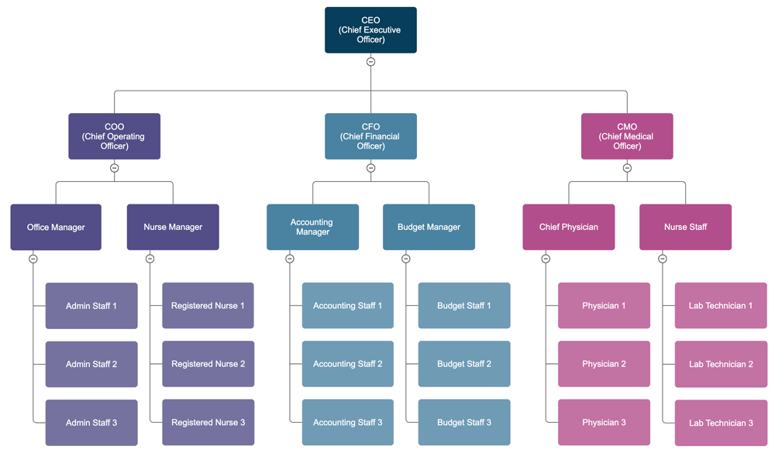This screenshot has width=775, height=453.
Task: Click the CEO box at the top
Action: click(x=370, y=30)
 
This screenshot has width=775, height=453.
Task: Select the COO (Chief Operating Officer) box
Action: click(x=114, y=136)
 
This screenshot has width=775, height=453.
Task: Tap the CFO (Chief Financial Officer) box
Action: click(x=370, y=136)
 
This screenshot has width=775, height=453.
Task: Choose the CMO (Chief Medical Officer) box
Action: click(x=627, y=136)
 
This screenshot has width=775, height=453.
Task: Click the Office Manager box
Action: click(x=56, y=227)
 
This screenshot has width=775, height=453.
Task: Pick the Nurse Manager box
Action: click(x=173, y=227)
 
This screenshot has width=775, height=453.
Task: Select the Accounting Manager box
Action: click(x=312, y=227)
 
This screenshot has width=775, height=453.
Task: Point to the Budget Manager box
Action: click(x=429, y=227)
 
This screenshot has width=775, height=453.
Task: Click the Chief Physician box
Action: click(x=569, y=227)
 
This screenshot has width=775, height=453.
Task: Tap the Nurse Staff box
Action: click(x=685, y=227)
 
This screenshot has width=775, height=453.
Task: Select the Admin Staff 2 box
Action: click(x=91, y=364)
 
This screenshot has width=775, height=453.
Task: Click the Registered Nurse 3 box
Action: click(x=208, y=422)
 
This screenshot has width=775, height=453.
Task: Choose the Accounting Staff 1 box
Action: click(x=347, y=306)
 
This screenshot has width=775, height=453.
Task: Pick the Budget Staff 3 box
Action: click(x=464, y=422)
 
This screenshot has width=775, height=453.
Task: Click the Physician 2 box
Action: click(x=604, y=364)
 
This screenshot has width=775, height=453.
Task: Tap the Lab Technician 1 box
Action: click(x=721, y=306)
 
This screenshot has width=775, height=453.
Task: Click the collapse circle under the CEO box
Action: click(x=370, y=62)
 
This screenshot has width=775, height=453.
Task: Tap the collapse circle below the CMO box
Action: click(x=627, y=168)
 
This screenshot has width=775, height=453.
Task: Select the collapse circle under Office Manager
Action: click(x=33, y=259)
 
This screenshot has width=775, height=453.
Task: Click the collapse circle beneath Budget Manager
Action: click(x=406, y=259)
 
